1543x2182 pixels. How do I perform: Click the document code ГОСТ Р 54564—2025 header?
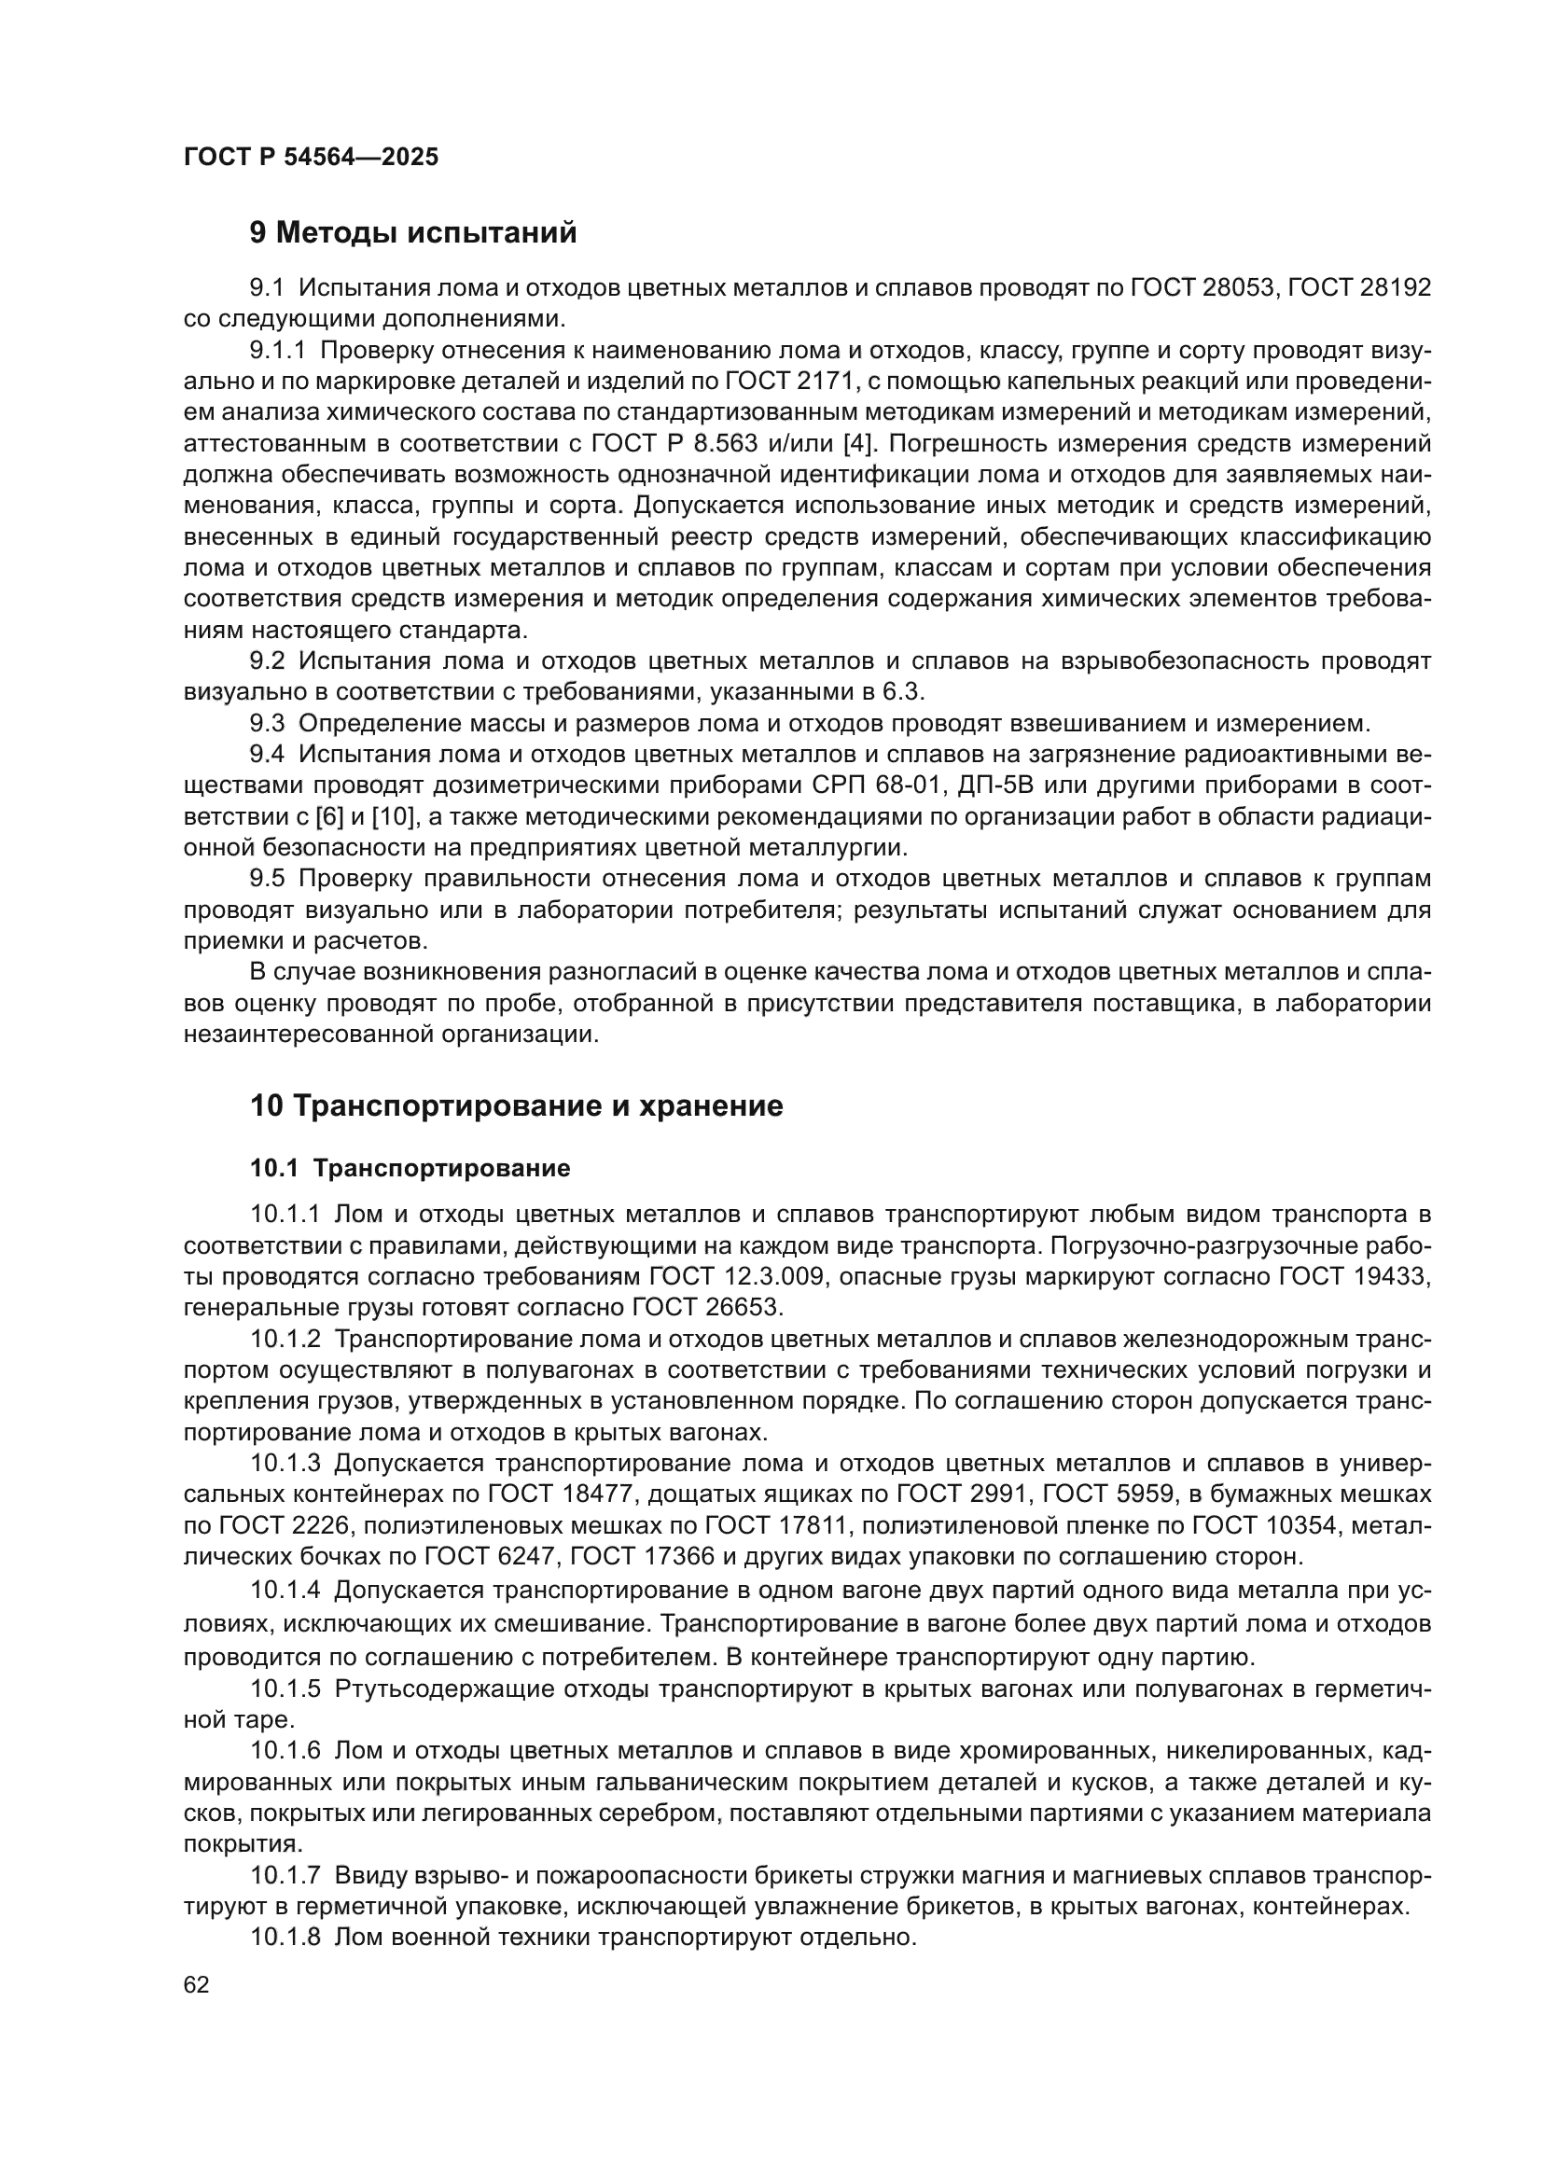click(311, 157)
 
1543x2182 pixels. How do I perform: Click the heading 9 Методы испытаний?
click(413, 233)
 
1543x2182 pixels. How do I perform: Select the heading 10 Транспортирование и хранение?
click(516, 1106)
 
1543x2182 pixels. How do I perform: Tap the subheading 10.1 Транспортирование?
click(410, 1168)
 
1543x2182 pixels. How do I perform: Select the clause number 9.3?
click(267, 723)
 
